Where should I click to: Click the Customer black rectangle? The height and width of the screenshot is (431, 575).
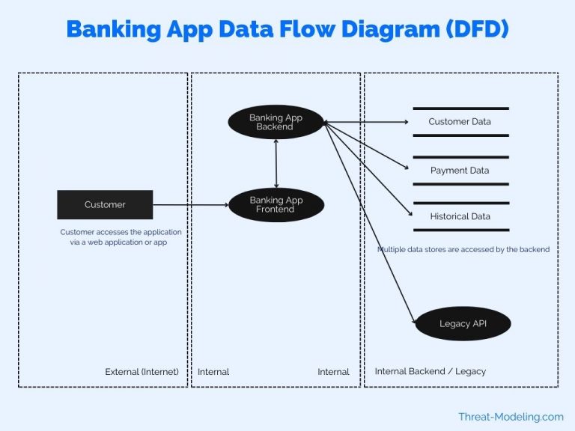(x=105, y=204)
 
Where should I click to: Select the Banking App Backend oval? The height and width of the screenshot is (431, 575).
(x=276, y=122)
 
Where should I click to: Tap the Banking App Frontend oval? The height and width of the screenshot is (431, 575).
(x=276, y=204)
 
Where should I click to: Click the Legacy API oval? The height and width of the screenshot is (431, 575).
(x=463, y=324)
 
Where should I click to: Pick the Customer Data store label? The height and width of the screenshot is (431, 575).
(x=460, y=121)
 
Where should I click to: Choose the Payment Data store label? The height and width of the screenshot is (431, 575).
(x=460, y=171)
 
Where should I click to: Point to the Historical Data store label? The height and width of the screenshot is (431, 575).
(x=460, y=216)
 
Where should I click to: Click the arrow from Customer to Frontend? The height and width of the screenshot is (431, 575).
(x=190, y=204)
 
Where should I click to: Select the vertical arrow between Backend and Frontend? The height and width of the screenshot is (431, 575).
(x=276, y=163)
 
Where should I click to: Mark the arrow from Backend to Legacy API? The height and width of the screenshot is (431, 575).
(x=371, y=224)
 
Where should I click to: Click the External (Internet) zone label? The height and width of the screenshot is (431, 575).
(x=142, y=372)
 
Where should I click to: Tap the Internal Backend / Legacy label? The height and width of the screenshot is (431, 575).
(x=430, y=372)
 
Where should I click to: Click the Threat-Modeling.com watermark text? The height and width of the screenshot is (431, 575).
(x=511, y=417)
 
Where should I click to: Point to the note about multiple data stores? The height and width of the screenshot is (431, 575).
(x=463, y=249)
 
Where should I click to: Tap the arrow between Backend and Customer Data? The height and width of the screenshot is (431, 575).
(x=367, y=121)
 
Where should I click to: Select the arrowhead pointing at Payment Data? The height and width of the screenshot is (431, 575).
(x=410, y=168)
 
